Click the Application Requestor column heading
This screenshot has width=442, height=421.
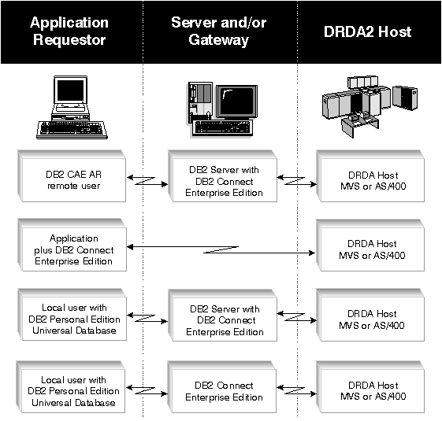click(x=69, y=31)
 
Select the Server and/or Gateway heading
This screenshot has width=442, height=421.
click(x=219, y=31)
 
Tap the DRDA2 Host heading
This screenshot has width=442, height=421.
click(x=367, y=31)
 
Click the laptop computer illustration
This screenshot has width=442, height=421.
click(x=72, y=107)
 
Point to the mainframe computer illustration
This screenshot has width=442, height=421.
click(x=370, y=106)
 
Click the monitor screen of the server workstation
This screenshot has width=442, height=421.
click(x=237, y=101)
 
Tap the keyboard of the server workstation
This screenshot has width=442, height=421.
click(x=222, y=127)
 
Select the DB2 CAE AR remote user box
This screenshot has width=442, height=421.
click(x=72, y=176)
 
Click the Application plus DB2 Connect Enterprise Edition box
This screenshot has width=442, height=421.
click(x=72, y=245)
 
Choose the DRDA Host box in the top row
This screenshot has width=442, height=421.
click(x=370, y=176)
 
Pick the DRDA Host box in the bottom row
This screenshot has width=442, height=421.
click(x=370, y=387)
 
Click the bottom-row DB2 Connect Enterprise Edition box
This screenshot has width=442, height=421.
click(x=222, y=387)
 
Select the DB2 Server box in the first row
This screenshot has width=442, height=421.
click(x=223, y=176)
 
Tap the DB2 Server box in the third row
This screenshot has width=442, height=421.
click(x=223, y=316)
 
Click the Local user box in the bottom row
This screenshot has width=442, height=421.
click(x=71, y=387)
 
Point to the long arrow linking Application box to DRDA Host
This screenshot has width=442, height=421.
click(x=221, y=249)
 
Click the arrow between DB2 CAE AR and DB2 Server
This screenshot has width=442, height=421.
click(x=147, y=181)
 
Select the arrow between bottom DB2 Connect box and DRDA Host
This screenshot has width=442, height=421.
click(x=296, y=390)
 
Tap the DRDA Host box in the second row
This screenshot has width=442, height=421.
click(x=370, y=246)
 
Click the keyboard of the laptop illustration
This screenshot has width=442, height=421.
click(x=72, y=129)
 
